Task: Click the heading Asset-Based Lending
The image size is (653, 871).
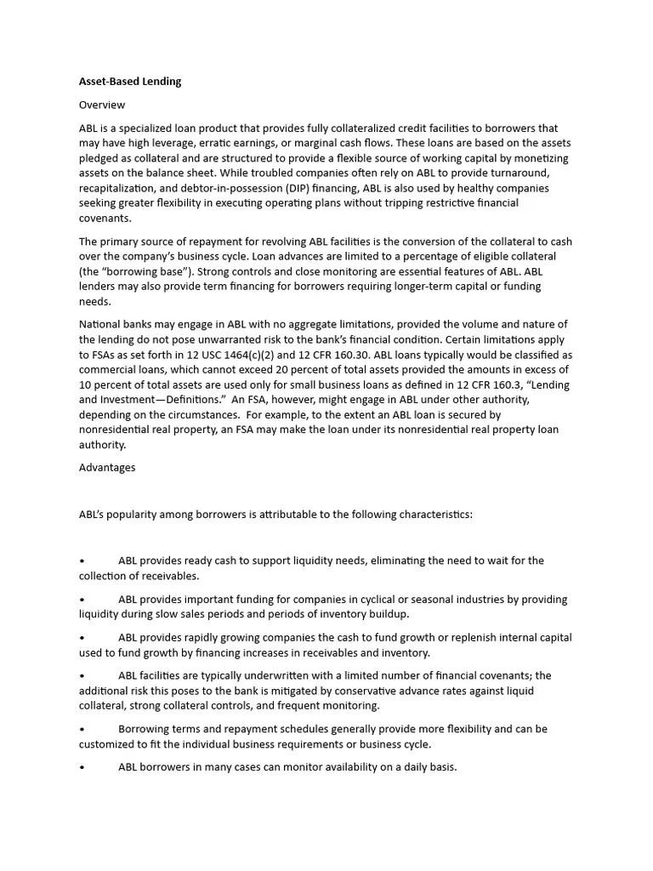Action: click(130, 82)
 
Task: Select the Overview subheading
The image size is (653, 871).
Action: click(102, 105)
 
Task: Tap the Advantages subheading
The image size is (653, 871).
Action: click(107, 467)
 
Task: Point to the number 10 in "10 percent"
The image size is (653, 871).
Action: click(85, 385)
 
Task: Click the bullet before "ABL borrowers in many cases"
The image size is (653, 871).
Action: click(82, 767)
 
